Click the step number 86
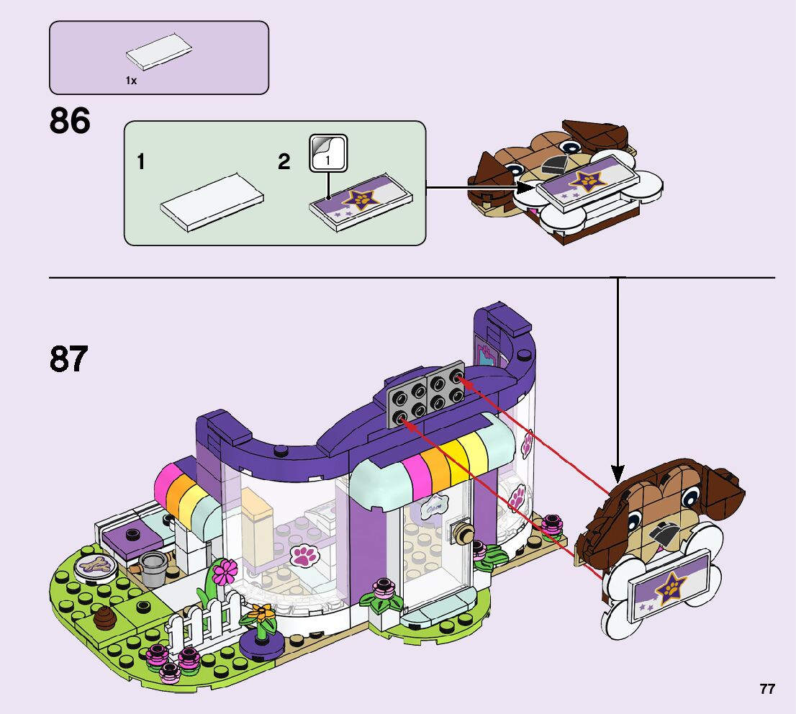point(70,122)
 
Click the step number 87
point(69,359)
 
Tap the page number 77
point(766,689)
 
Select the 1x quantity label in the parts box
point(131,81)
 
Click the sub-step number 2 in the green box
point(284,162)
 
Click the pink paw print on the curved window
point(304,555)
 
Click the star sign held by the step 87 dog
point(666,587)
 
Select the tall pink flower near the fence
point(225,572)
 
